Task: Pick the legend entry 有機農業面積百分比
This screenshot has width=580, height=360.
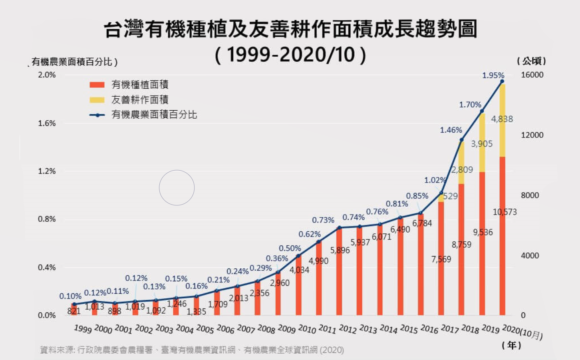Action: (149, 116)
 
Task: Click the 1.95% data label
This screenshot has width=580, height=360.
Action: (492, 75)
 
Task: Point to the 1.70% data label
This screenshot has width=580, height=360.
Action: (470, 104)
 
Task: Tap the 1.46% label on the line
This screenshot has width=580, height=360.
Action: (450, 130)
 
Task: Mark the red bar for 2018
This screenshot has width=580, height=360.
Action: (461, 250)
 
